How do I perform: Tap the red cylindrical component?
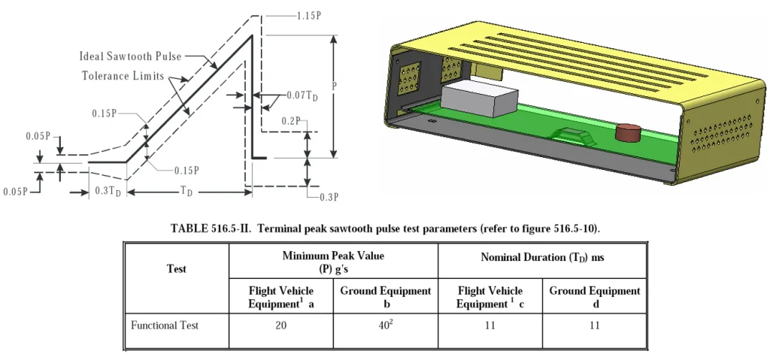[x=627, y=134]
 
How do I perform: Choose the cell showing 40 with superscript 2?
[x=386, y=326]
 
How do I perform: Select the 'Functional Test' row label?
[x=165, y=326]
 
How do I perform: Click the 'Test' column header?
[x=176, y=268]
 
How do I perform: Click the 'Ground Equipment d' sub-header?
[x=595, y=297]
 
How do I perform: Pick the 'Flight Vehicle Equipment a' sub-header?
[x=281, y=297]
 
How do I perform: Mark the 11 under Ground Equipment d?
[x=595, y=326]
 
